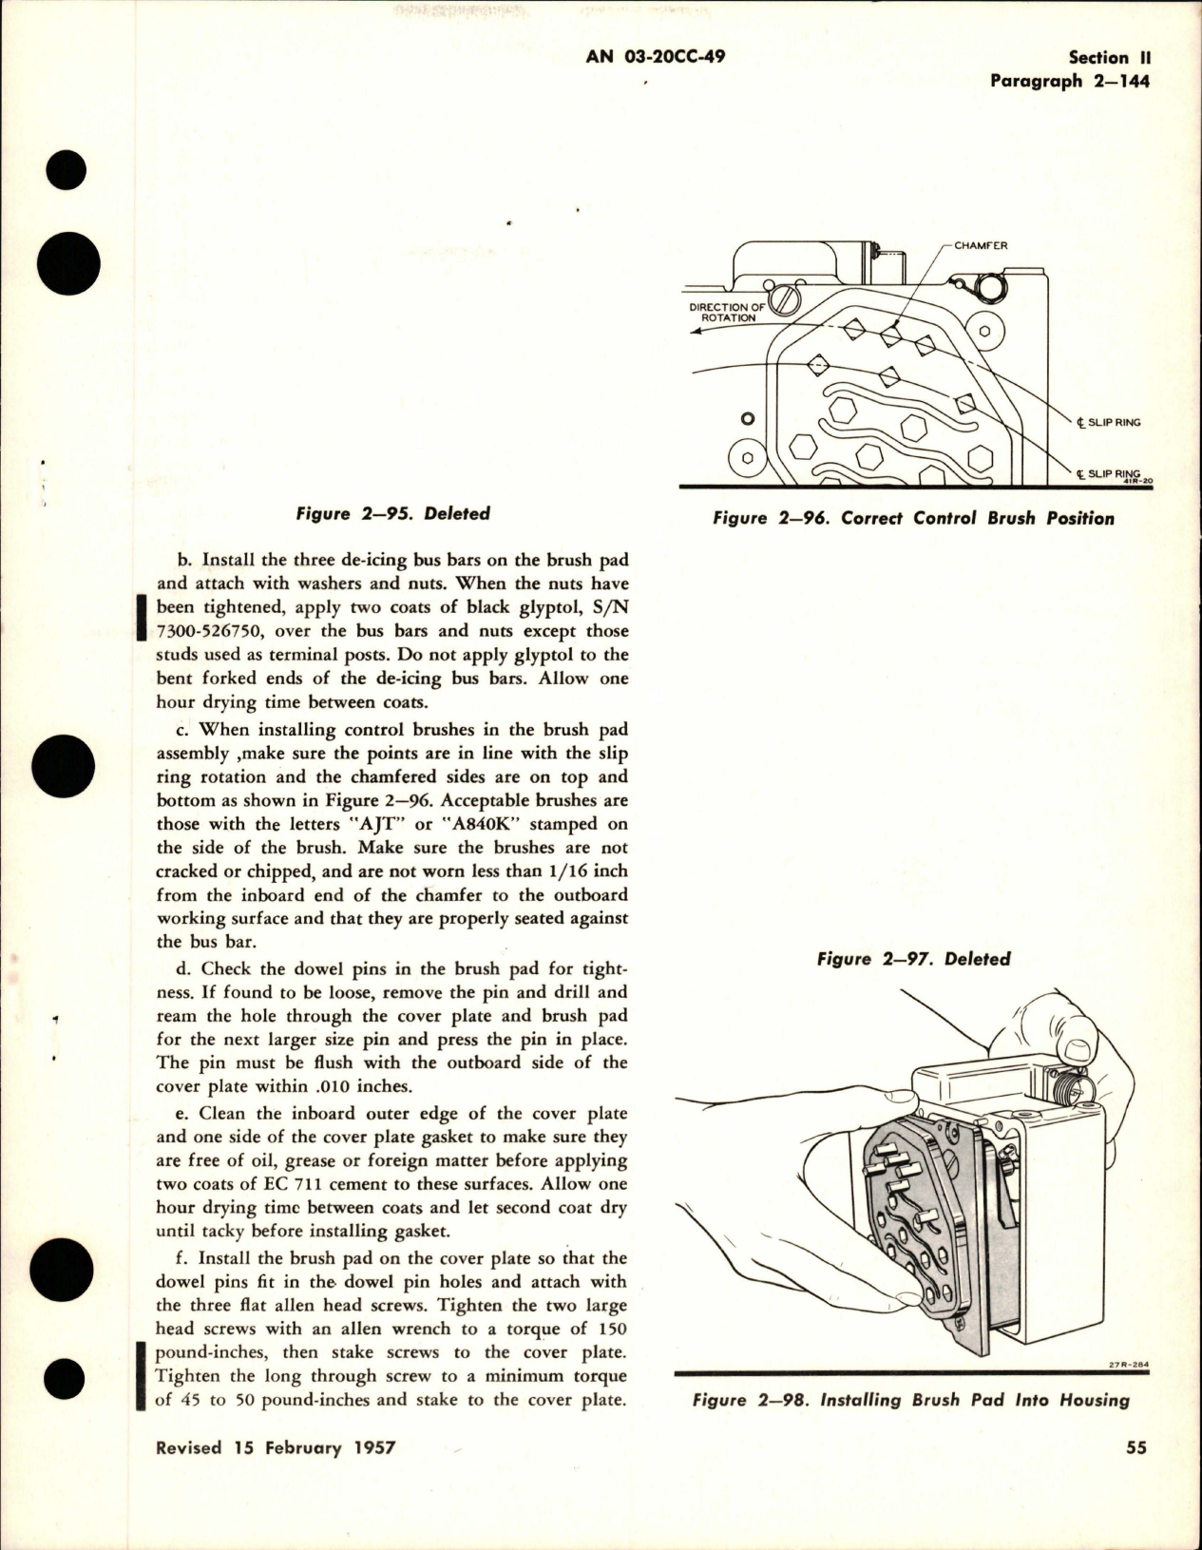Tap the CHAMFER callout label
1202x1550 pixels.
[x=981, y=245]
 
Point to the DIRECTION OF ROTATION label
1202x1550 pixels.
[x=727, y=313]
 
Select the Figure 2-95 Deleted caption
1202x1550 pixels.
[x=392, y=513]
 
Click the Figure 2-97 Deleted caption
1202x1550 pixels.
[x=913, y=959]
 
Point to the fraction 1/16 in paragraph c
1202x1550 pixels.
[x=573, y=871]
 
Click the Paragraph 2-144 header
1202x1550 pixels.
[x=1069, y=81]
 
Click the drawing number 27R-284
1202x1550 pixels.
[x=1129, y=1367]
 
